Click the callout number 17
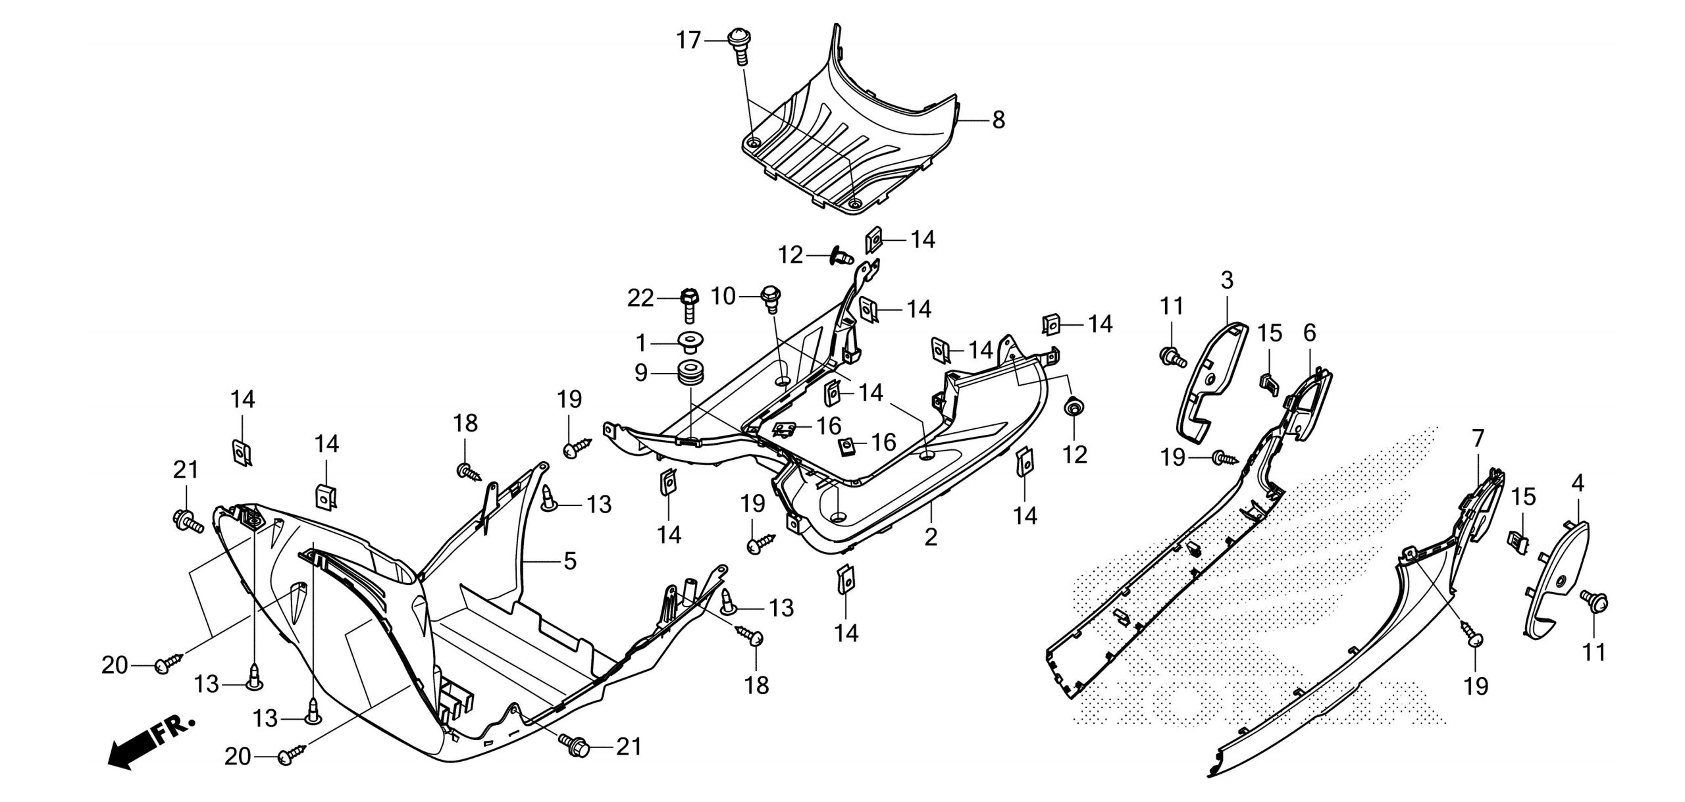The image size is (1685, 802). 689,41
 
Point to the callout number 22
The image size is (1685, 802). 640,299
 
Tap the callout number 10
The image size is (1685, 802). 723,297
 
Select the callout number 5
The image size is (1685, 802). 569,561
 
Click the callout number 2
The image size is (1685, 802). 930,537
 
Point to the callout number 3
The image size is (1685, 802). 1226,281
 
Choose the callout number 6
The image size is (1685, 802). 1309,334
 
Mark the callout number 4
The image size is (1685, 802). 1577,484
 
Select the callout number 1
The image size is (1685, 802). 642,343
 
